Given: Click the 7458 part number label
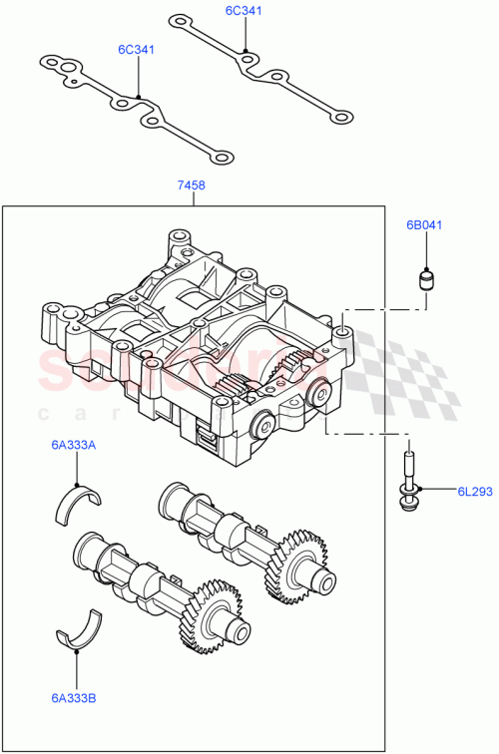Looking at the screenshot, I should [x=192, y=185].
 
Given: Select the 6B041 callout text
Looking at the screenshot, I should [x=423, y=225].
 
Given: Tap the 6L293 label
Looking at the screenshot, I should [x=474, y=491].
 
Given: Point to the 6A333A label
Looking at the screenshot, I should [x=74, y=446].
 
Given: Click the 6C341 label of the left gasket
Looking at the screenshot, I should [x=136, y=49].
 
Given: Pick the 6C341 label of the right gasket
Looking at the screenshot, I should [x=244, y=10].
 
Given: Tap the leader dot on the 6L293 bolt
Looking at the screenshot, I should [x=420, y=489].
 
